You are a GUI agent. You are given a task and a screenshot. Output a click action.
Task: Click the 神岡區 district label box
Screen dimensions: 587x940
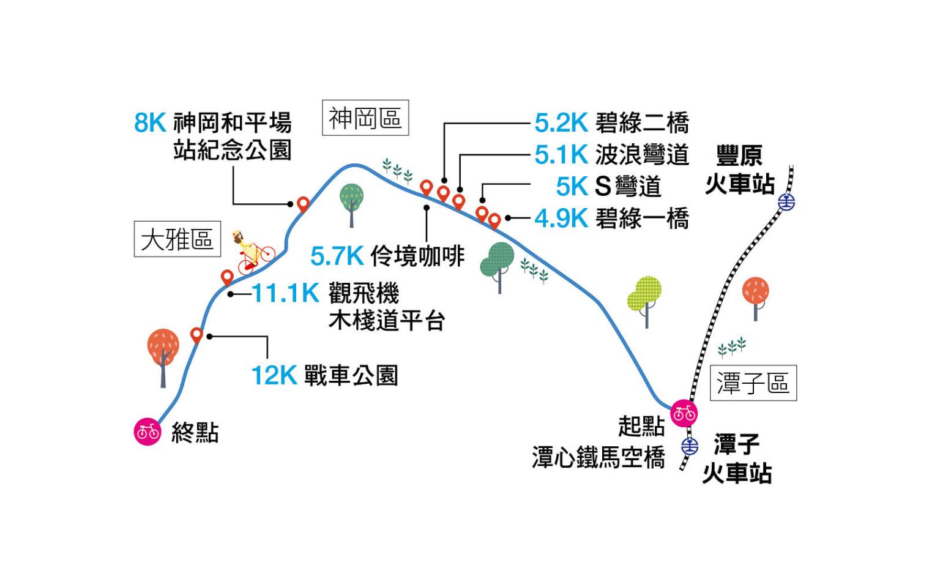pos(365,118)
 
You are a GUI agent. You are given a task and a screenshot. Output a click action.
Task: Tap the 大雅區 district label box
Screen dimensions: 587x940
pos(177,239)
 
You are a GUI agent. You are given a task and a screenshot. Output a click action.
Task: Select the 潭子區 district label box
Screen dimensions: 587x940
pos(753,384)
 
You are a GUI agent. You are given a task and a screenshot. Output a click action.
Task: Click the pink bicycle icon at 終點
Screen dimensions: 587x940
pos(147,432)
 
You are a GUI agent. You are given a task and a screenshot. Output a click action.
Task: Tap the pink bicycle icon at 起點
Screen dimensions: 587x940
pos(684,413)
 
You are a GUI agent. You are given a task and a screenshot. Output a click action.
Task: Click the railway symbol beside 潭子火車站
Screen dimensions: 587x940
pos(690,447)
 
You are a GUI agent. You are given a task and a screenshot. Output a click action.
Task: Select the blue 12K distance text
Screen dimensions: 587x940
pos(274,375)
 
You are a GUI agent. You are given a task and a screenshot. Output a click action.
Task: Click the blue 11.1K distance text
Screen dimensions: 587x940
pos(285,294)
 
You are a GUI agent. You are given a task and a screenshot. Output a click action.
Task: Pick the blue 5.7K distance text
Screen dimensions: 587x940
pos(337,256)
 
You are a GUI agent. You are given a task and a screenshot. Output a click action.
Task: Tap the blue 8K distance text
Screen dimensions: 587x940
pos(150,123)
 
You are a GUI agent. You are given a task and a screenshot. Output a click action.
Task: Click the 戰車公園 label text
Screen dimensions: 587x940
pos(351,375)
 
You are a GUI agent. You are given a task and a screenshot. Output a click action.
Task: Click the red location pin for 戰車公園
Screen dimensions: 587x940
pos(196,335)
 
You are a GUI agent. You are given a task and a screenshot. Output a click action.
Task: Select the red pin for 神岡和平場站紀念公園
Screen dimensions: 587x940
pos(303,204)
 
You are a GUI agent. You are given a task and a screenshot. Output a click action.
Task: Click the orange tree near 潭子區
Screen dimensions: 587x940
pos(756,294)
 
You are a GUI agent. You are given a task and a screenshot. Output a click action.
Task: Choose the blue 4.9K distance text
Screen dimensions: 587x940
pos(561,219)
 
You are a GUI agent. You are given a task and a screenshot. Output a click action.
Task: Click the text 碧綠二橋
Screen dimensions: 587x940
pos(642,123)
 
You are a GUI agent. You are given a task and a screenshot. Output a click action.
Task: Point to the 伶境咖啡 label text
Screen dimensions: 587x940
pos(417,256)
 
